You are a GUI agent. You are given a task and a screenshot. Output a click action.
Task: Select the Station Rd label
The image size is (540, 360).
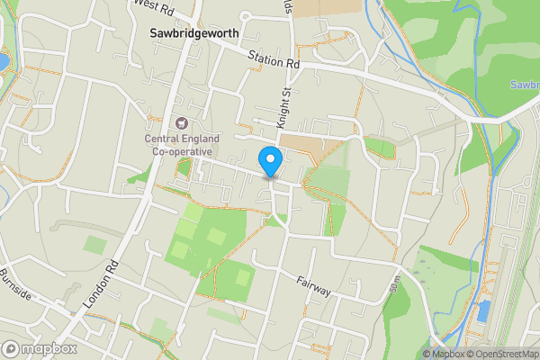pyautogui.click(x=274, y=60)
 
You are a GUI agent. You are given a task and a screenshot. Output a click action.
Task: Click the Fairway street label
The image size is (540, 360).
pyautogui.click(x=314, y=287)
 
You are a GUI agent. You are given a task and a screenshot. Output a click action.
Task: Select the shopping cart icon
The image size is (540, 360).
pyautogui.click(x=180, y=122)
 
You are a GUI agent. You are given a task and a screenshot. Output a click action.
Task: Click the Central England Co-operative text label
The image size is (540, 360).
pyautogui.click(x=180, y=145)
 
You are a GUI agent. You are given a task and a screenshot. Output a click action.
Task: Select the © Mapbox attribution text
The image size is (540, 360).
pyautogui.click(x=443, y=354)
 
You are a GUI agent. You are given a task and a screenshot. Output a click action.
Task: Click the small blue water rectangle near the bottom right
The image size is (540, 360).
pyautogui.click(x=485, y=311)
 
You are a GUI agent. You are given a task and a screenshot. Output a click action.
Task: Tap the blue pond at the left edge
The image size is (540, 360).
pyautogui.click(x=4, y=61)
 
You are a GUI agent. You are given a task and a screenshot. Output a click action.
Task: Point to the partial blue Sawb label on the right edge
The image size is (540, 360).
pyautogui.click(x=525, y=85)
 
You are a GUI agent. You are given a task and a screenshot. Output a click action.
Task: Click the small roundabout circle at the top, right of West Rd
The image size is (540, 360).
pyautogui.click(x=244, y=15)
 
